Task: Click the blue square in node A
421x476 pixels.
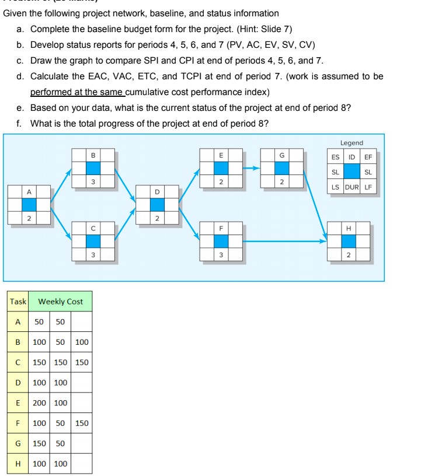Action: [x=29, y=204]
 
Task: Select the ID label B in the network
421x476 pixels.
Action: [x=93, y=155]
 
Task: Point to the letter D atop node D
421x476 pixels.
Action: [x=157, y=191]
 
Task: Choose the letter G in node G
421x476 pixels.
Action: [x=282, y=155]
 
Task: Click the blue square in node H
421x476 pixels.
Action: [x=349, y=241]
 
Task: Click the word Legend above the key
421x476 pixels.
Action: [x=352, y=143]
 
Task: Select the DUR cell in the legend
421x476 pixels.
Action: [x=351, y=187]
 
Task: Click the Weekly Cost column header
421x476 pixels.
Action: [x=61, y=302]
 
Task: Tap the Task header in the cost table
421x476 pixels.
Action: [x=18, y=302]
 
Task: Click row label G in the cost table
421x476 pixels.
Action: [x=18, y=443]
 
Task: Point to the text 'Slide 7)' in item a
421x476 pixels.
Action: [x=274, y=29]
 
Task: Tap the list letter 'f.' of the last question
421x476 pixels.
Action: [x=20, y=123]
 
